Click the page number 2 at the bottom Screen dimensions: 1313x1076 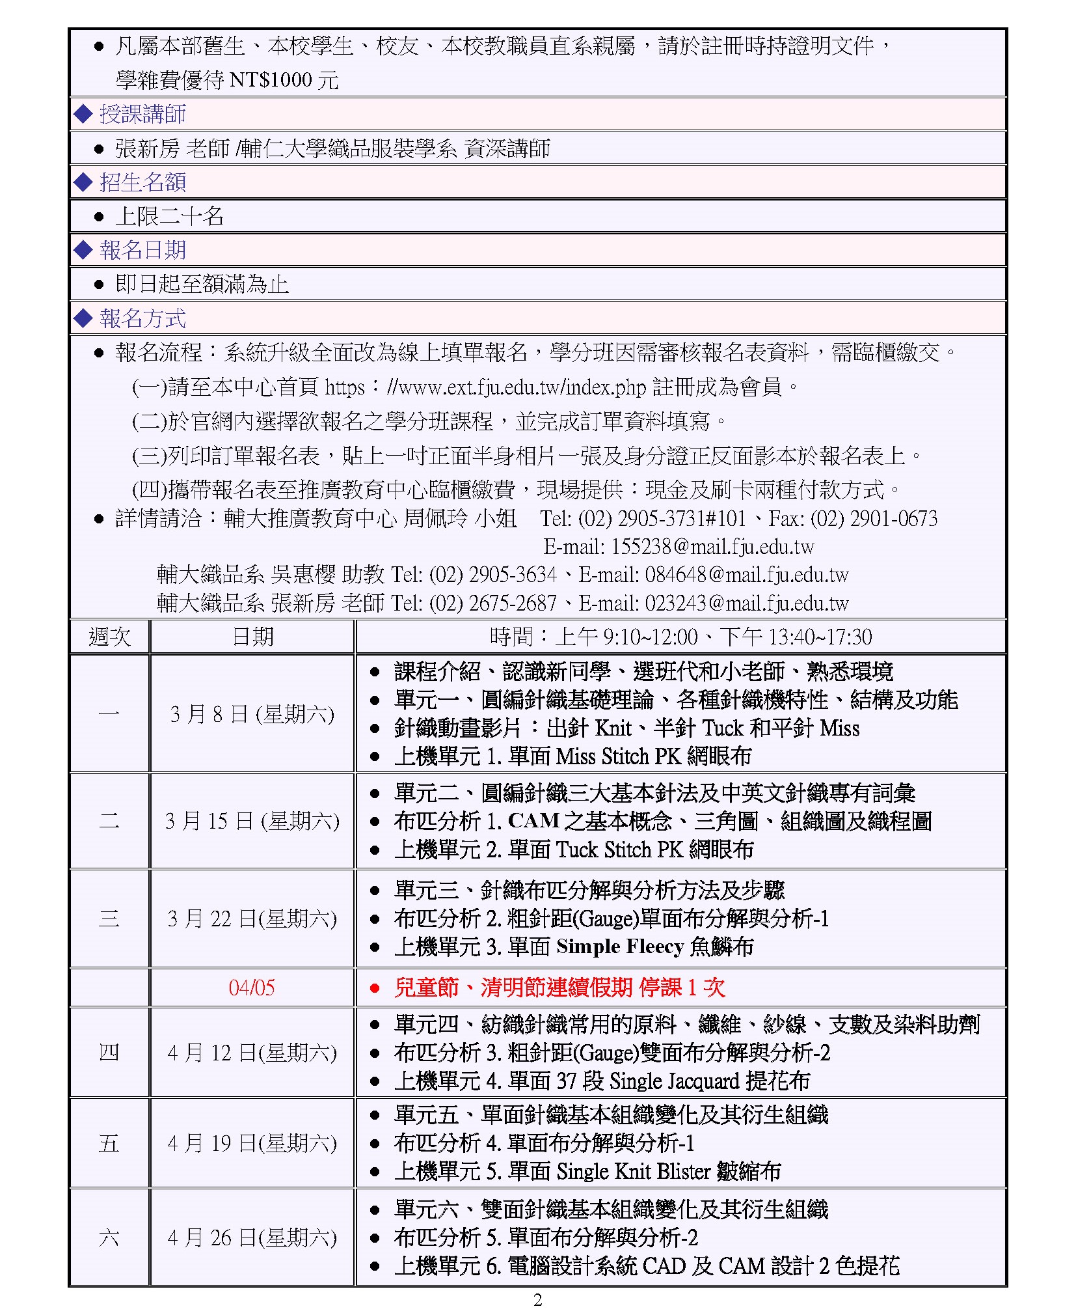click(537, 1300)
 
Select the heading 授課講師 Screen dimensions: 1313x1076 click(142, 115)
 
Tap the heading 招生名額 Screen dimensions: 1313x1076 click(142, 182)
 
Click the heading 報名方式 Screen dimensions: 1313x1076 click(142, 319)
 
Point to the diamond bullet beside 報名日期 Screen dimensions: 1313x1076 click(83, 250)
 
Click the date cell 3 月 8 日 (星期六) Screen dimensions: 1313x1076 click(252, 714)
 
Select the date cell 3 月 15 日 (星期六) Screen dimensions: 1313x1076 click(252, 821)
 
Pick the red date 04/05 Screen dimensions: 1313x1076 click(252, 988)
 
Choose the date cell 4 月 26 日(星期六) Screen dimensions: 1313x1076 click(252, 1237)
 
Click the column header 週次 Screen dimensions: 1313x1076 click(109, 637)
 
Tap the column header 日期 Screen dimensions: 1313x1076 click(252, 637)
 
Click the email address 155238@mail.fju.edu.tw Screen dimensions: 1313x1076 click(712, 547)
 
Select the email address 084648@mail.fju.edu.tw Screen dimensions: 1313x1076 click(747, 575)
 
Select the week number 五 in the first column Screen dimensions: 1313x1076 click(109, 1144)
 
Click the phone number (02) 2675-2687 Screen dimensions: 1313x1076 click(492, 603)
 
